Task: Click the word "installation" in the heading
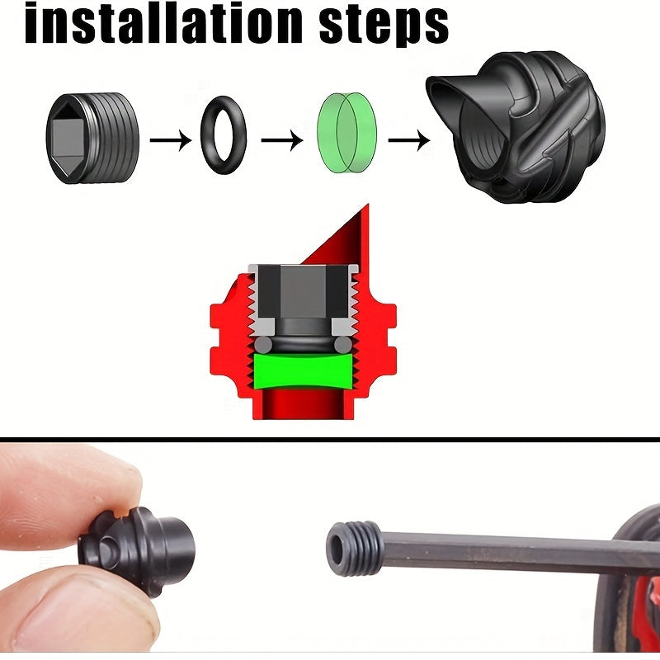coord(163,23)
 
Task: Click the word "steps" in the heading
coord(384,26)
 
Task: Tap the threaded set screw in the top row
coord(92,138)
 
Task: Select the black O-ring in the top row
coord(224,135)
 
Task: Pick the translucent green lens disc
coord(346,132)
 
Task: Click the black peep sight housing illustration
coord(516,126)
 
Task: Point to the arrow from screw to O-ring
coord(171,139)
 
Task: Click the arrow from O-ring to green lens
coord(282,139)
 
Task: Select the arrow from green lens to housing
coord(408,139)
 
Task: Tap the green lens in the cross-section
coord(303,371)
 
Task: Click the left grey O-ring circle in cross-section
coord(263,345)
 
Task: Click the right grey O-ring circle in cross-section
coord(343,345)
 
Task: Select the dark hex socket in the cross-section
coord(303,291)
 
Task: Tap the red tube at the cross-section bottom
coord(303,404)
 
